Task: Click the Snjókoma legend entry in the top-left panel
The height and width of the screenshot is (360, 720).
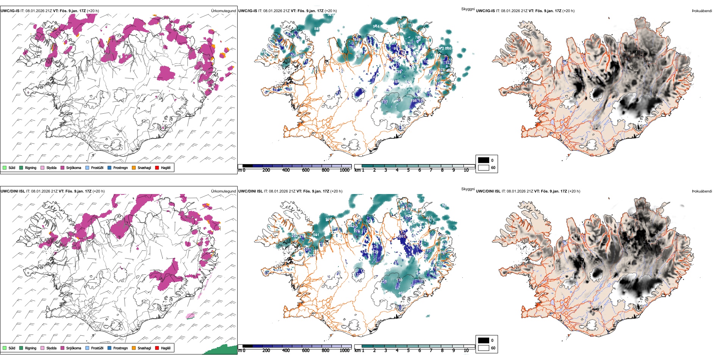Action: click(x=73, y=168)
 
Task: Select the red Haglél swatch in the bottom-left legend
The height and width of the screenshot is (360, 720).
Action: click(x=157, y=348)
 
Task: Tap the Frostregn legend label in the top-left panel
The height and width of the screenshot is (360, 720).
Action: click(x=120, y=168)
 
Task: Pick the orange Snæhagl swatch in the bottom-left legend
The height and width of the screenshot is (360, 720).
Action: click(x=134, y=348)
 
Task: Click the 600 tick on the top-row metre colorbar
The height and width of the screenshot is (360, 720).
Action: click(x=306, y=170)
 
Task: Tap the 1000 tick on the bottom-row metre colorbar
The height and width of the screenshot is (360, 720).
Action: click(x=344, y=351)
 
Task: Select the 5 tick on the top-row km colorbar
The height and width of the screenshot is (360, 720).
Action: click(x=409, y=170)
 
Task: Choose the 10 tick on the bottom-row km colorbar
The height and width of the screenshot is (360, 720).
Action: click(x=466, y=351)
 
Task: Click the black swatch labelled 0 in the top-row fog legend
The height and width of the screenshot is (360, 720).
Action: click(x=484, y=160)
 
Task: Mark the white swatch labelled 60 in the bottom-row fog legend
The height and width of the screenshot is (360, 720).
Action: click(x=484, y=348)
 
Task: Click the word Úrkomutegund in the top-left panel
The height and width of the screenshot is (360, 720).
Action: click(x=223, y=11)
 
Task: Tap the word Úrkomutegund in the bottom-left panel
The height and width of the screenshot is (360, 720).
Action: click(x=223, y=191)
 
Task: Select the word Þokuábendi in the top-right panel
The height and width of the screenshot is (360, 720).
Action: click(x=702, y=11)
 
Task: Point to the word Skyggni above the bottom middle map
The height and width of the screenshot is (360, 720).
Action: click(x=468, y=189)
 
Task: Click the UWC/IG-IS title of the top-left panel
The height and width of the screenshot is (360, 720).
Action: click(x=10, y=11)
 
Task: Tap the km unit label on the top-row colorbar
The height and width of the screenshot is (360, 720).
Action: click(x=357, y=170)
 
